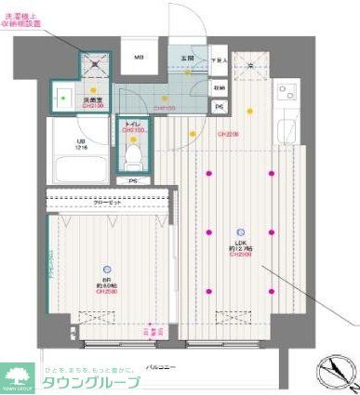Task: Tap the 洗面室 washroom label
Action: point(91,99)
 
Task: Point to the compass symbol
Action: point(336,373)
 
